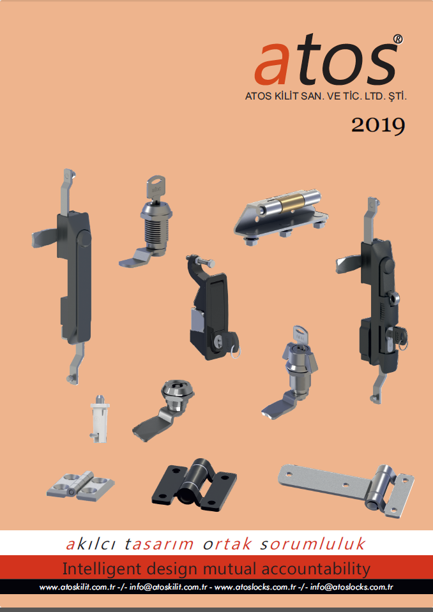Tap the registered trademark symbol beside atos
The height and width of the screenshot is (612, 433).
397,40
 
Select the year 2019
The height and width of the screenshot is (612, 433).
378,125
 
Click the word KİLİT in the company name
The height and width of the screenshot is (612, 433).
284,96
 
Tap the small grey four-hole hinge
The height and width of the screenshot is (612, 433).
80,484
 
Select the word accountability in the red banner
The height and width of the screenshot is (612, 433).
315,569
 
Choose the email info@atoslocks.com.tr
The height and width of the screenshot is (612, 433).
352,587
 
